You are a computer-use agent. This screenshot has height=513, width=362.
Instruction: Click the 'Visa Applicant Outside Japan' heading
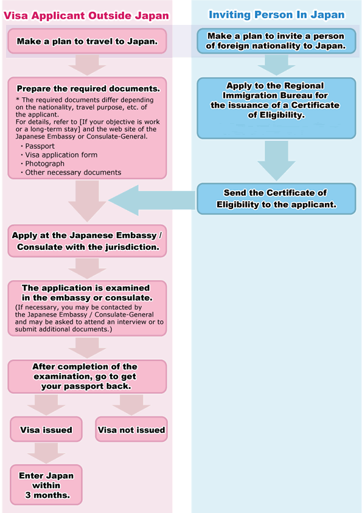click(x=86, y=14)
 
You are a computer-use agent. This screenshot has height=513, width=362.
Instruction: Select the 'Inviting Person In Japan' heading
click(x=277, y=14)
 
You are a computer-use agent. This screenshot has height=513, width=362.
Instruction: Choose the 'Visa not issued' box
click(x=131, y=430)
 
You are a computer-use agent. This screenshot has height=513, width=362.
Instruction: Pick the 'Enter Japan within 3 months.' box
click(x=46, y=484)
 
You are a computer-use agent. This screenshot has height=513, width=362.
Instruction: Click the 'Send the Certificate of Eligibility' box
click(x=276, y=199)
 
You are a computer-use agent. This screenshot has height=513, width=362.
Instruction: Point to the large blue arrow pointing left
click(x=152, y=199)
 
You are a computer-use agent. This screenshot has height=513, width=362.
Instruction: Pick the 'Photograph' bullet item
click(x=44, y=164)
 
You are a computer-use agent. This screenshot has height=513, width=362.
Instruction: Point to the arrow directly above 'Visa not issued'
click(x=131, y=404)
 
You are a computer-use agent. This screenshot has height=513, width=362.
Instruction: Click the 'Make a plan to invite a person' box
click(x=276, y=41)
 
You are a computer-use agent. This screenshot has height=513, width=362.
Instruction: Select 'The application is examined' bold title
click(x=86, y=292)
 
